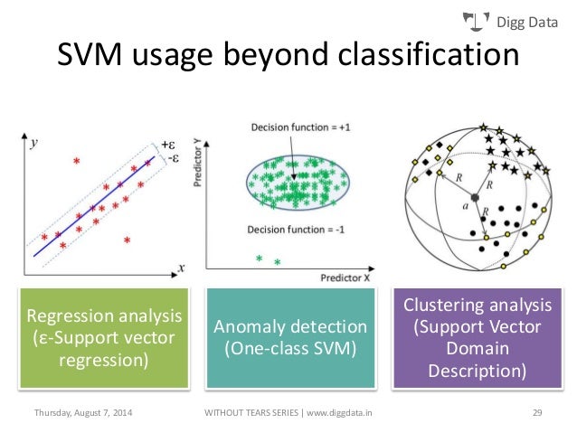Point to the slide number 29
536,413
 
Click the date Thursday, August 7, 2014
82,413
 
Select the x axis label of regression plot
181,268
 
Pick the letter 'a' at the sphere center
465,207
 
